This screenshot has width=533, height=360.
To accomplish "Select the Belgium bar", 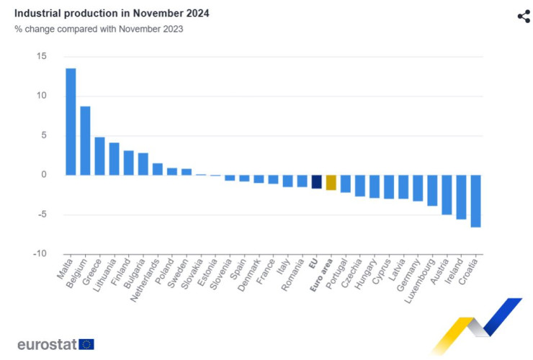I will [85, 140].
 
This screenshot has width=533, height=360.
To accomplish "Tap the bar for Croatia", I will [475, 201].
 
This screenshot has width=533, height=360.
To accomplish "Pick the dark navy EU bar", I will [316, 181].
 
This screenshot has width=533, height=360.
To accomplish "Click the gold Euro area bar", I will [331, 182].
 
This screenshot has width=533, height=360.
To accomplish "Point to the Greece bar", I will [99, 156].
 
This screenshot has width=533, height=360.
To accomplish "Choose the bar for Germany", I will [418, 188].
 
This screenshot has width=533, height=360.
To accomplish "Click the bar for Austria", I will [447, 194].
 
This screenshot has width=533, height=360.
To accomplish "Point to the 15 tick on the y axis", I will [41, 56].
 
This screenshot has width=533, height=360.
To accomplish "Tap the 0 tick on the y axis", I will [43, 174].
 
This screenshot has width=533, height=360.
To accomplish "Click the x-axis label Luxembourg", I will [419, 277].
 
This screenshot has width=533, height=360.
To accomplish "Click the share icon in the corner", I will [524, 17].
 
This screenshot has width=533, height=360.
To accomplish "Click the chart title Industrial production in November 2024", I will [112, 14].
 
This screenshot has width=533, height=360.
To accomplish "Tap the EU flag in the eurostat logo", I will [86, 344].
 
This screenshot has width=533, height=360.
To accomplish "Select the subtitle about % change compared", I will [99, 29].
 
